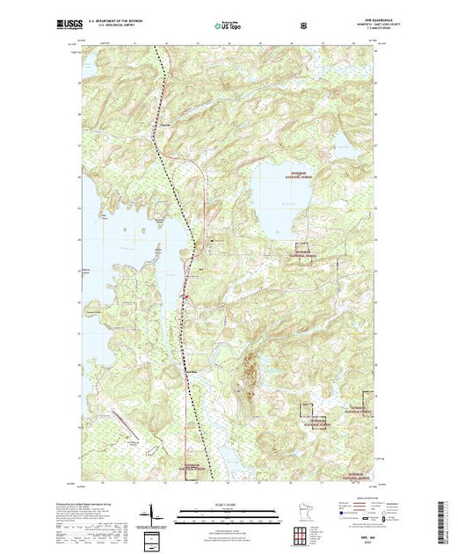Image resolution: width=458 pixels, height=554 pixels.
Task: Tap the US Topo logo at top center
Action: pyautogui.click(x=228, y=25)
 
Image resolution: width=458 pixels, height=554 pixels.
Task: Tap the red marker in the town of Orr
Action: pyautogui.click(x=186, y=296)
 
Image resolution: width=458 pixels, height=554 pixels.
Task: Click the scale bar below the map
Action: pyautogui.click(x=228, y=515)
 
